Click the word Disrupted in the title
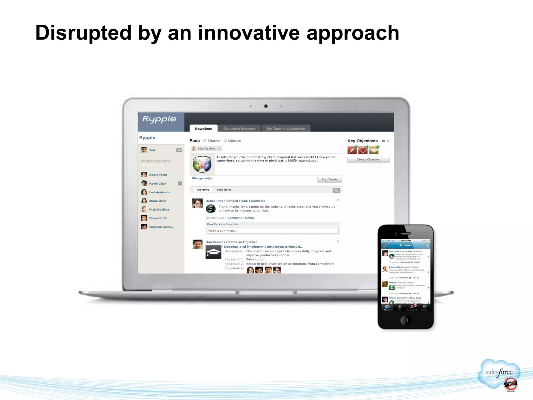point(83,33)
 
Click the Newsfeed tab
point(203,129)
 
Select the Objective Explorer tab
point(239,129)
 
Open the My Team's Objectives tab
point(286,129)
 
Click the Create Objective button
point(368,160)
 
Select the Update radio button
point(226,141)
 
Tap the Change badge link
point(202,178)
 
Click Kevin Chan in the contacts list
point(158,184)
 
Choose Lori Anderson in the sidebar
point(160,192)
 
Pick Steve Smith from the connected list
point(158,218)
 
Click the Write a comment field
point(272,231)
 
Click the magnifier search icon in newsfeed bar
point(336,191)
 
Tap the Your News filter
point(224,190)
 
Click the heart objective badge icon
point(363,150)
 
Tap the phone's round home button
point(405,320)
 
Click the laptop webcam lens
point(266,106)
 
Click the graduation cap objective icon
point(213,252)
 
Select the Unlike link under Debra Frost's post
point(250,218)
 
